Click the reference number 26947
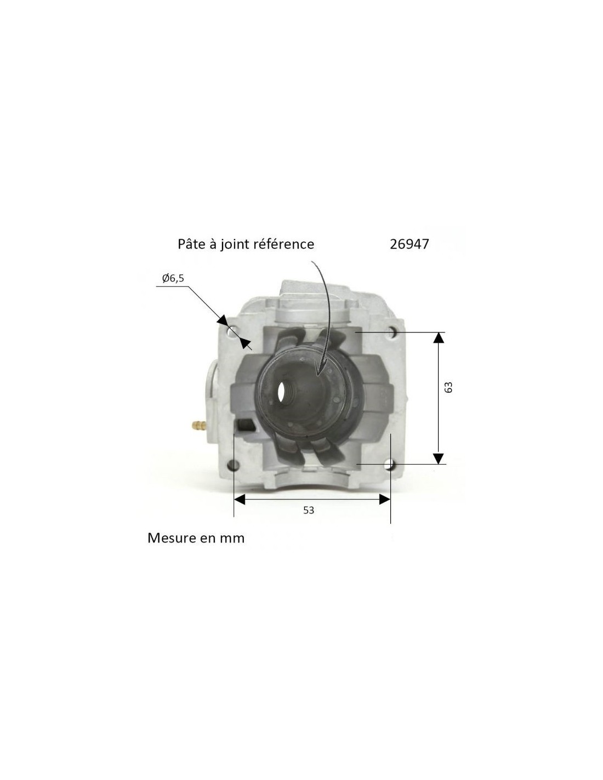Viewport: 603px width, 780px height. [409, 245]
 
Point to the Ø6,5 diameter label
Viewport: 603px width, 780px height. [173, 278]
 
